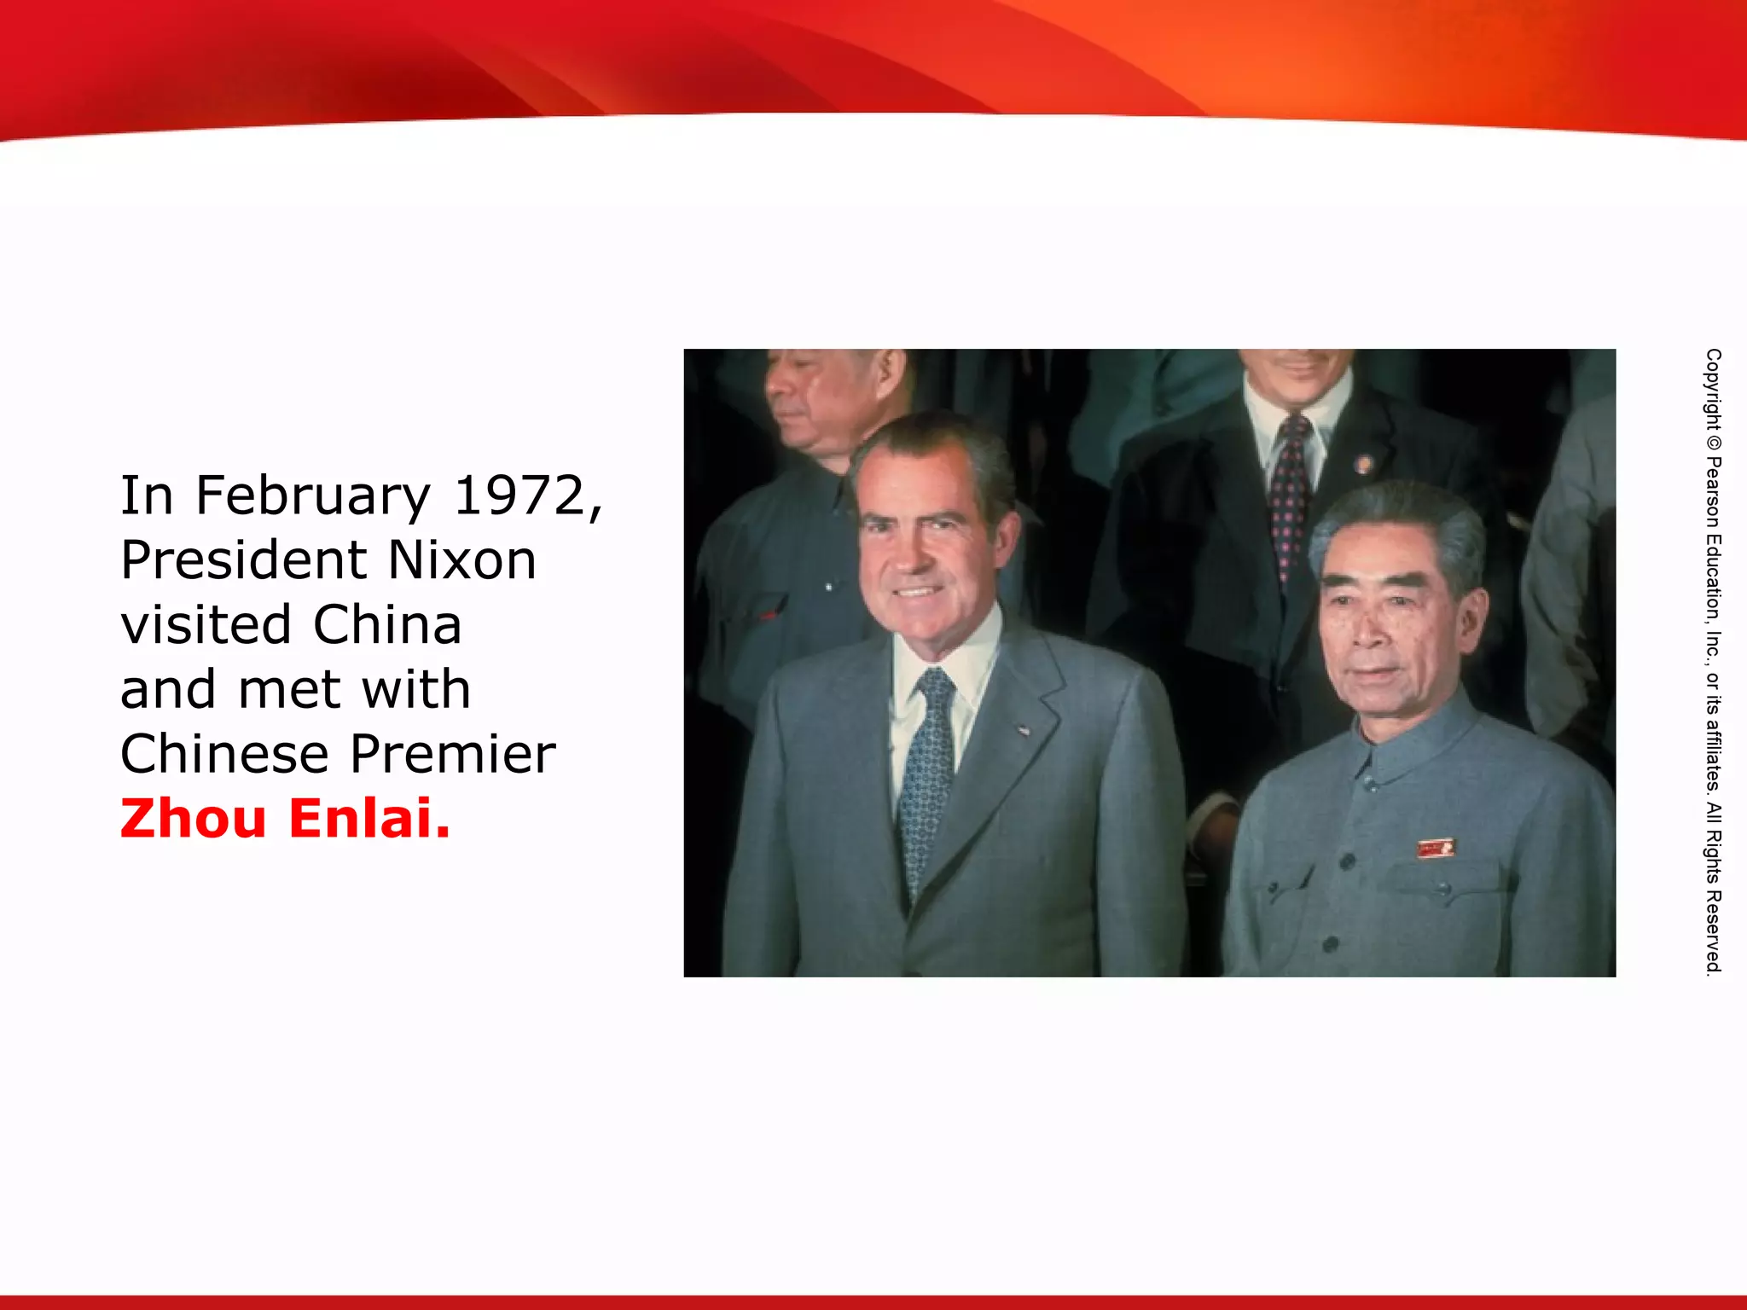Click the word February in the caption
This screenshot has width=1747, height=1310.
point(313,496)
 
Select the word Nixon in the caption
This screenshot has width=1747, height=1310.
point(461,560)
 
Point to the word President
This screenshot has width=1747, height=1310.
point(244,560)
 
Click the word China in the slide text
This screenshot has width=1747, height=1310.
point(387,625)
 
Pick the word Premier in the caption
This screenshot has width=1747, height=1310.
point(452,754)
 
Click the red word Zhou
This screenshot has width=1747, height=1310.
point(194,819)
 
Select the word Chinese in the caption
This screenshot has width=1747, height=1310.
point(224,754)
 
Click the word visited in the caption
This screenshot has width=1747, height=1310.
point(206,625)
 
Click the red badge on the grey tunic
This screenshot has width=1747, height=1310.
point(1435,848)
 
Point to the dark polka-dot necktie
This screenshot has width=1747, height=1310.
point(1291,495)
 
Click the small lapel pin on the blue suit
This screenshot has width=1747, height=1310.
point(1023,730)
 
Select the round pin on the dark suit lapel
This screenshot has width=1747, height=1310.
point(1363,465)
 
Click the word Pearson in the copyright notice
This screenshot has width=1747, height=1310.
point(1713,492)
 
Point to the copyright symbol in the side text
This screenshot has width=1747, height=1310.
point(1713,443)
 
